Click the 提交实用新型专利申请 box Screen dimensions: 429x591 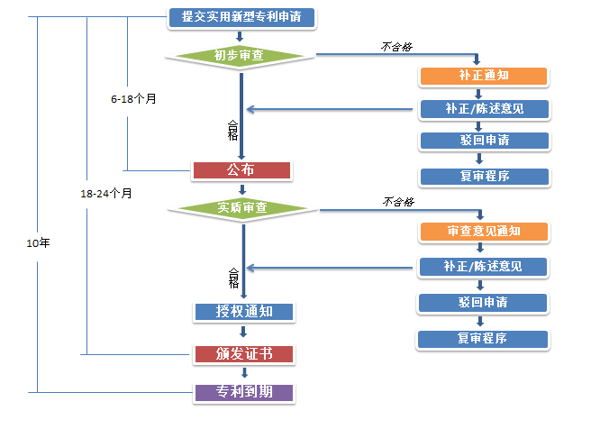(x=241, y=16)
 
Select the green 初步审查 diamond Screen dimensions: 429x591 (x=240, y=56)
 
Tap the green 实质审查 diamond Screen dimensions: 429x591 (x=241, y=208)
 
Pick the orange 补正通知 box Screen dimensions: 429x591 (x=483, y=76)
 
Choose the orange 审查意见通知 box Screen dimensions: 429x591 (x=483, y=231)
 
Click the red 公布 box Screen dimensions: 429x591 (x=241, y=169)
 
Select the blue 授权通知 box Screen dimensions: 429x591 (x=243, y=312)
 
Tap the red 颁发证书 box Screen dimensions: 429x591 (x=243, y=352)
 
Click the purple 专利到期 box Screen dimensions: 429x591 (x=243, y=392)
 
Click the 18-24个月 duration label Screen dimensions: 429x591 (x=106, y=193)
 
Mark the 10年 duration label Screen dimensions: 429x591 (x=39, y=243)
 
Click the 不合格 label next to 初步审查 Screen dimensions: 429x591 (x=397, y=46)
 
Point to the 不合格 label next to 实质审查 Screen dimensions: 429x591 (x=397, y=200)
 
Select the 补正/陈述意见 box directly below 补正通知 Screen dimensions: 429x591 (x=483, y=108)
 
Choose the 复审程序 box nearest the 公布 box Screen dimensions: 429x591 (x=483, y=176)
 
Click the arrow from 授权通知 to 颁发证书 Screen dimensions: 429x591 (x=243, y=332)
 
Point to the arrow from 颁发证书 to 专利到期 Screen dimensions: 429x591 (x=243, y=372)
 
